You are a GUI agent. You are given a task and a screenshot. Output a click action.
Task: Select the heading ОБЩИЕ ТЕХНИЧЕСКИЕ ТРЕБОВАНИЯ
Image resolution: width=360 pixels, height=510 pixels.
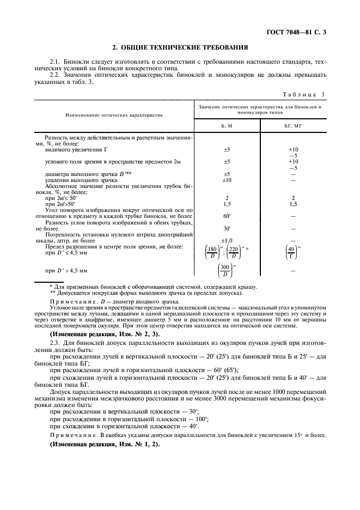pos(180,47)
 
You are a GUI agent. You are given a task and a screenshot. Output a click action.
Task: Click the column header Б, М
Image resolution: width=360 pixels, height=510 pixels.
pos(227,125)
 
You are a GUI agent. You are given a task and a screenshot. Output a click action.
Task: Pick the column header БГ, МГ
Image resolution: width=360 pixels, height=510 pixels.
pos(294,125)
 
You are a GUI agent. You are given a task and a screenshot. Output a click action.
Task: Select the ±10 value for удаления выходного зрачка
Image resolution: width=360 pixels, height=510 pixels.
pos(227,180)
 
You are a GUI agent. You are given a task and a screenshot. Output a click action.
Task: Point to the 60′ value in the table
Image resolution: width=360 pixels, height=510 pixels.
pos(227,216)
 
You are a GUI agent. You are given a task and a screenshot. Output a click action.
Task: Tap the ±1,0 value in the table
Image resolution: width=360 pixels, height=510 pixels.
pos(227,240)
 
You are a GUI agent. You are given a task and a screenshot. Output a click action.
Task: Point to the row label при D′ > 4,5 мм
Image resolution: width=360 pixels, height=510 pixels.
pos(66,270)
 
